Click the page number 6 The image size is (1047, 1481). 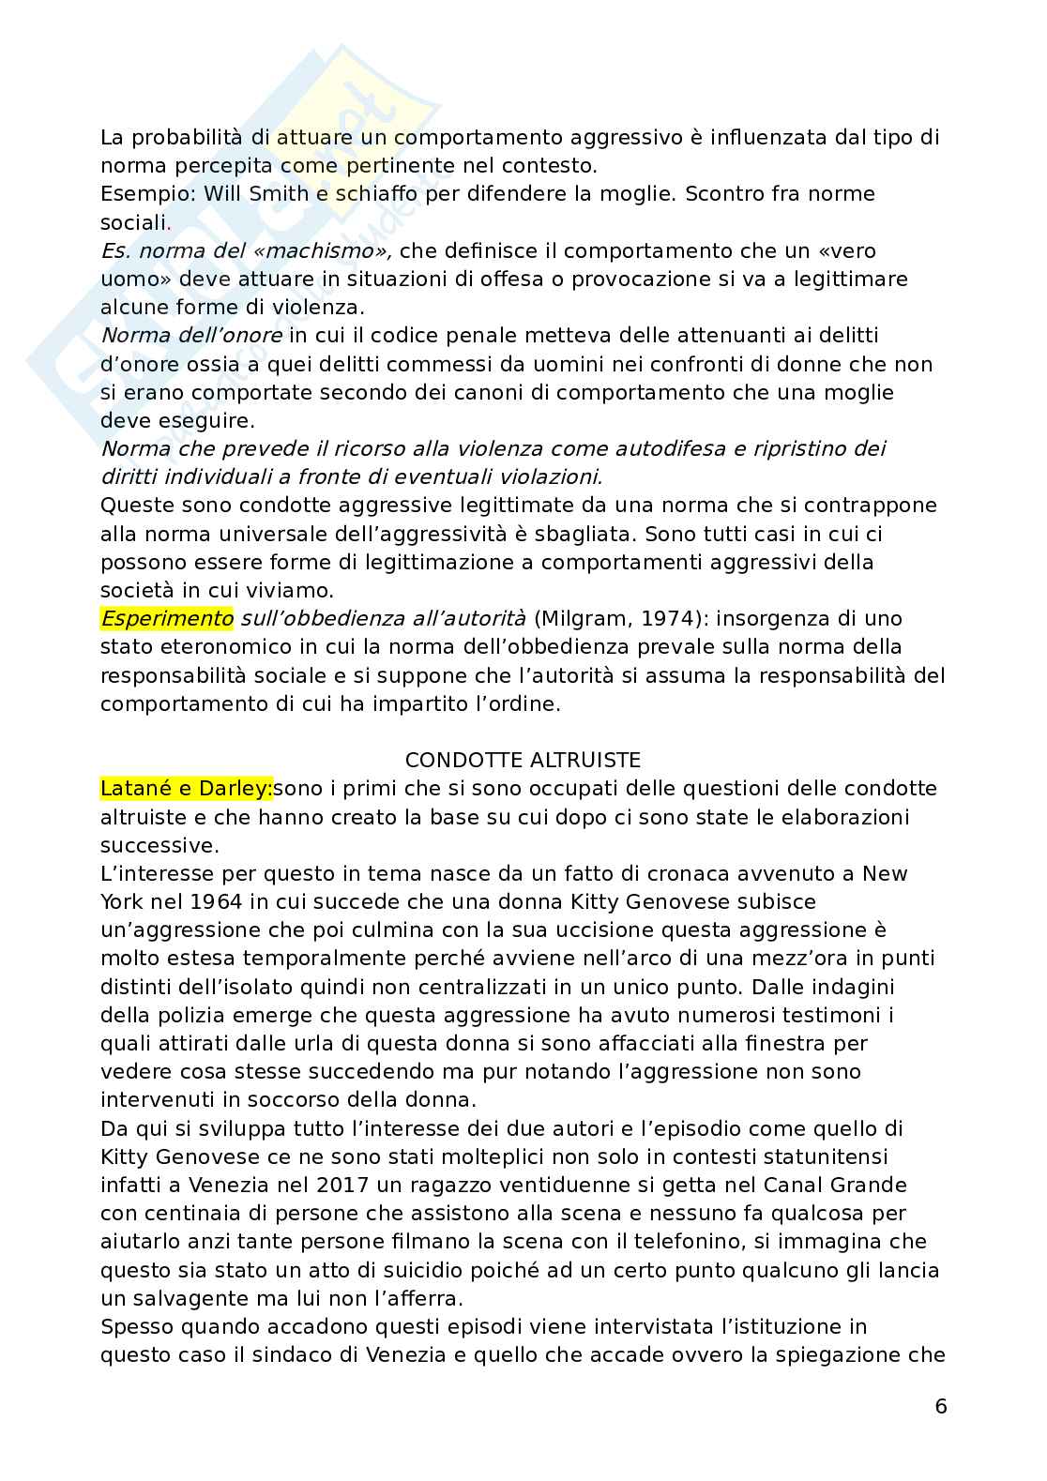click(941, 1406)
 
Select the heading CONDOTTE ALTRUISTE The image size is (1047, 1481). click(523, 760)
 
